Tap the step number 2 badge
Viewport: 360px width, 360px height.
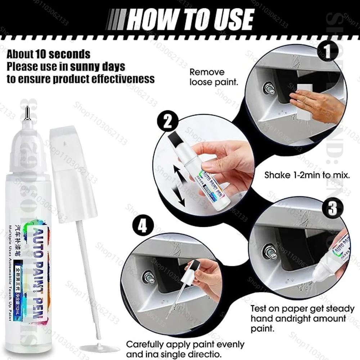pyautogui.click(x=167, y=123)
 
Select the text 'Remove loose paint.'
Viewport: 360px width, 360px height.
pyautogui.click(x=213, y=77)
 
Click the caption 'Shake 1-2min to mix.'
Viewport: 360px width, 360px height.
pyautogui.click(x=307, y=176)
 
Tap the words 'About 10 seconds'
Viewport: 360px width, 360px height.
pyautogui.click(x=49, y=54)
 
